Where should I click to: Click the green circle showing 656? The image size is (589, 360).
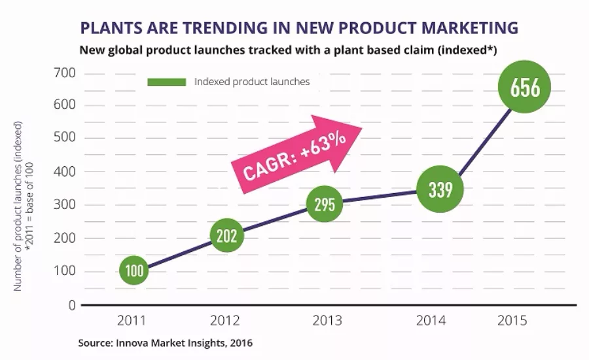[x=524, y=88]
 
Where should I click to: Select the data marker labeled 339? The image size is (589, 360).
[x=439, y=190]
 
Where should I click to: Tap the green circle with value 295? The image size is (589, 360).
[x=325, y=204]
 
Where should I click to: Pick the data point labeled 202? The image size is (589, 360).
[x=226, y=236]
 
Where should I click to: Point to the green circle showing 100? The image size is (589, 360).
[x=134, y=271]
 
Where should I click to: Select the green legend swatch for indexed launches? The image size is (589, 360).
[x=168, y=82]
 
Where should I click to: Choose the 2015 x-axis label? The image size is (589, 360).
[x=510, y=320]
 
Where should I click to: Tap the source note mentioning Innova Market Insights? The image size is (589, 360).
[x=165, y=342]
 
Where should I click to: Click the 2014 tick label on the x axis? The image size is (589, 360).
[x=430, y=320]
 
